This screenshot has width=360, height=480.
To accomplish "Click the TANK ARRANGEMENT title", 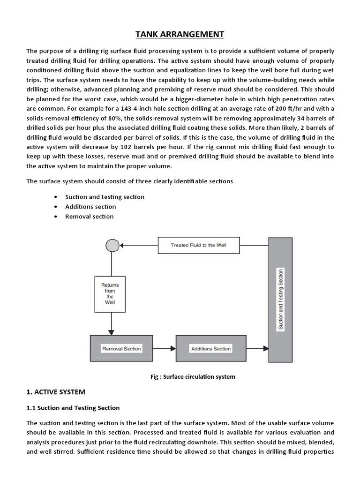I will point(180,34).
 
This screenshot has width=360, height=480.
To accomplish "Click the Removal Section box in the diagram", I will point(121,348).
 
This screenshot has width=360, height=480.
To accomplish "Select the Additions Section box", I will point(210,348).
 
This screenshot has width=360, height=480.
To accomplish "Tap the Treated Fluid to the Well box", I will point(199,245).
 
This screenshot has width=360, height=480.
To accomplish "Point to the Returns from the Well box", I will point(110,293).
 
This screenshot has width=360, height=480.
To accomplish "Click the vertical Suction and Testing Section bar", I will point(280,300).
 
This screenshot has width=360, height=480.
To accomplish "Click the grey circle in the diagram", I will point(112,245).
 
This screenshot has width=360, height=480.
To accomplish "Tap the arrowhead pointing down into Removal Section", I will point(111,332).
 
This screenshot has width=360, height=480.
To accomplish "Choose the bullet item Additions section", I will point(90,207).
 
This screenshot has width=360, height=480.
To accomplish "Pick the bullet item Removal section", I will point(89,217).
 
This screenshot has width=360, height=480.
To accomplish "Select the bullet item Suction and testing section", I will point(105,197).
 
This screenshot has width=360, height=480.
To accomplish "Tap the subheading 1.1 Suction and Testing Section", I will point(73,408).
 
